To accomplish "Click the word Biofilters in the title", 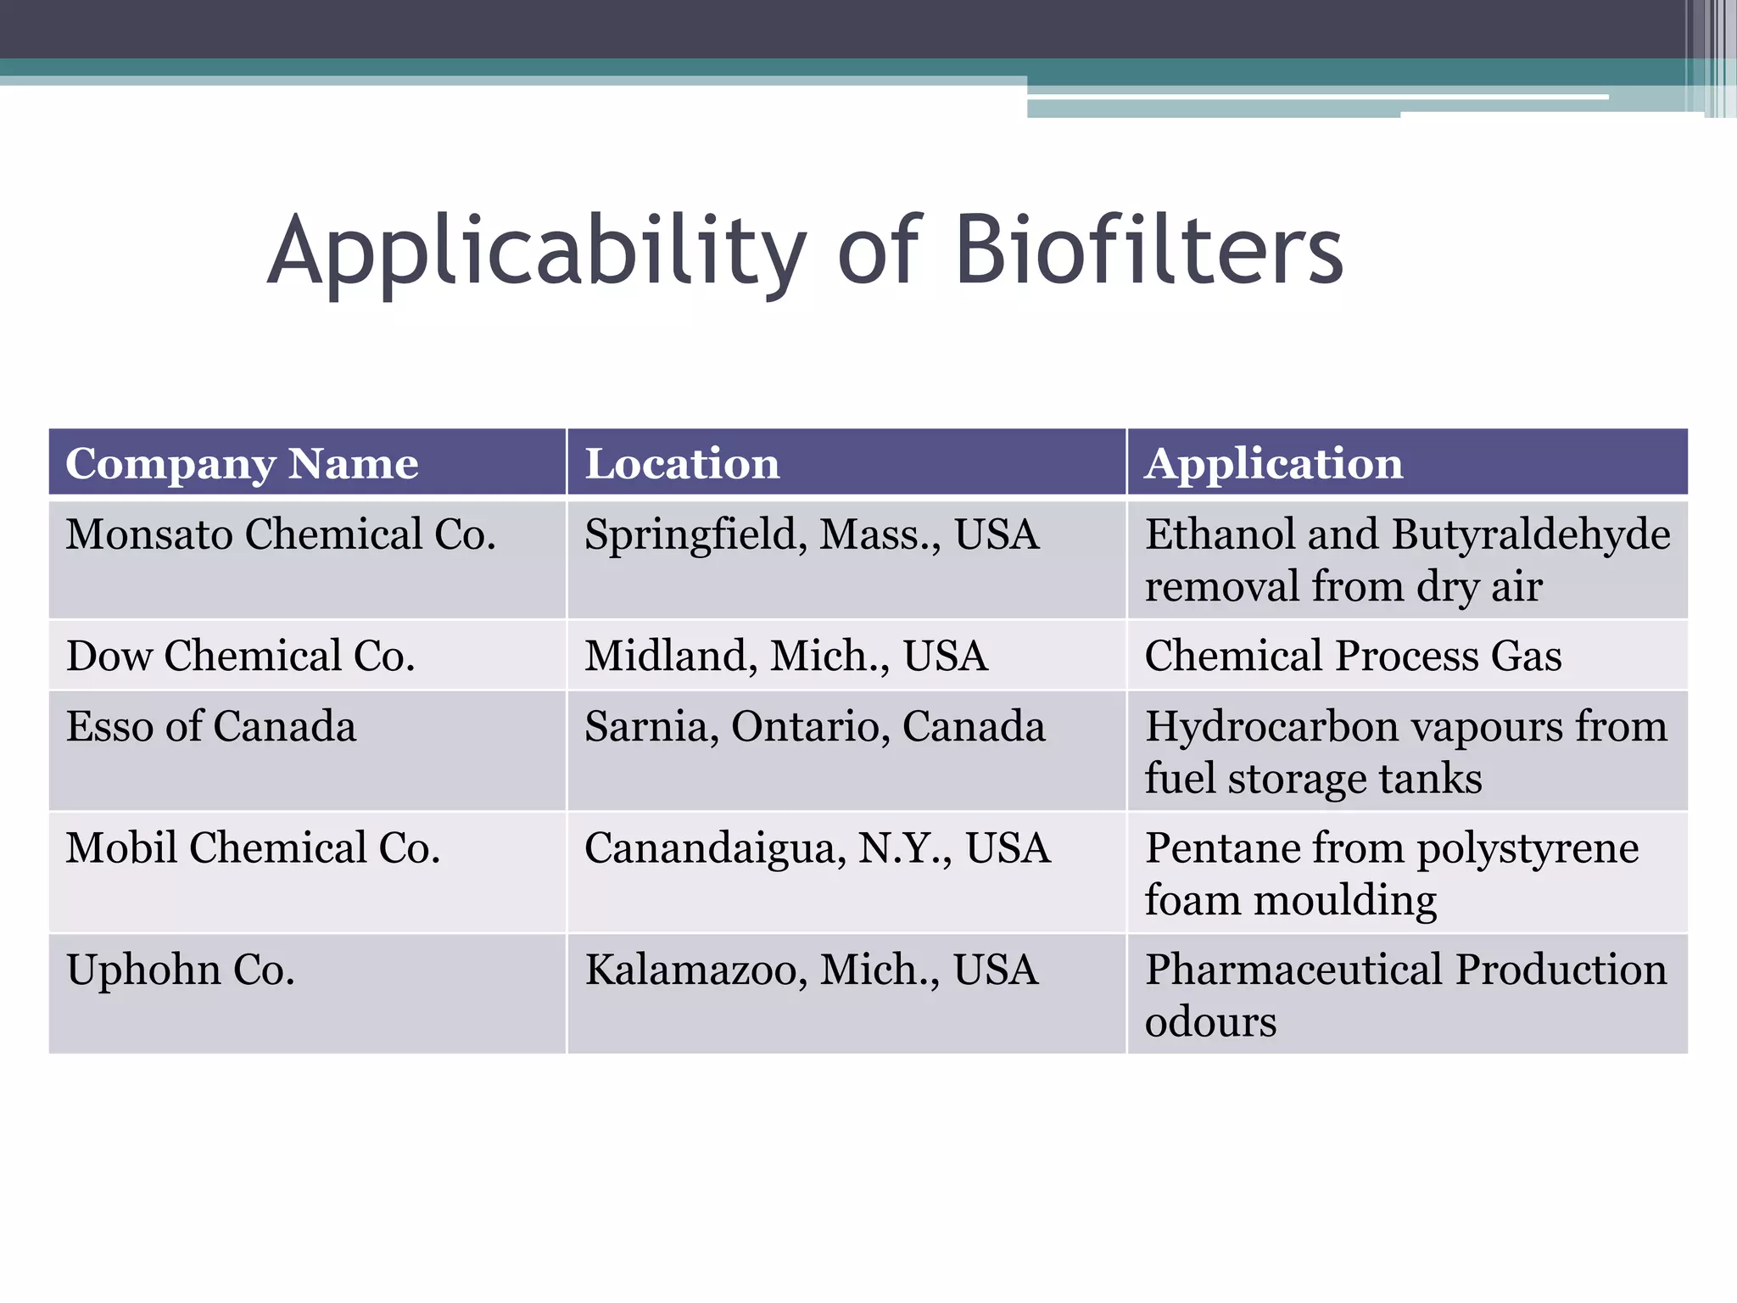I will (1149, 251).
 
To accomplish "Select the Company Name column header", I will (242, 464).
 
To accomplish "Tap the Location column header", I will (682, 464).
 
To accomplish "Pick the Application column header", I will (1274, 464).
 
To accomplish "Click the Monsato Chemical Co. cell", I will (281, 535).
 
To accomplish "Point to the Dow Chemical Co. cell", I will (241, 656).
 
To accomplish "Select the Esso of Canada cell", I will (211, 727).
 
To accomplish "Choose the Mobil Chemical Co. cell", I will (253, 848).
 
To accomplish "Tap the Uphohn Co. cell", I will (181, 970).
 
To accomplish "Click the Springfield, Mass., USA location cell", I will (812, 535).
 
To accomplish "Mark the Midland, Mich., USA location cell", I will (786, 656).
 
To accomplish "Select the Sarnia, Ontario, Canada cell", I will (814, 727).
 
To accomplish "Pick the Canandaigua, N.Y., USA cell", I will (818, 848).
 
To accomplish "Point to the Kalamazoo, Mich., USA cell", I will (811, 970).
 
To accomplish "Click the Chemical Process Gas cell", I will (1353, 656).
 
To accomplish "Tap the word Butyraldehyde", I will (1531, 535).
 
